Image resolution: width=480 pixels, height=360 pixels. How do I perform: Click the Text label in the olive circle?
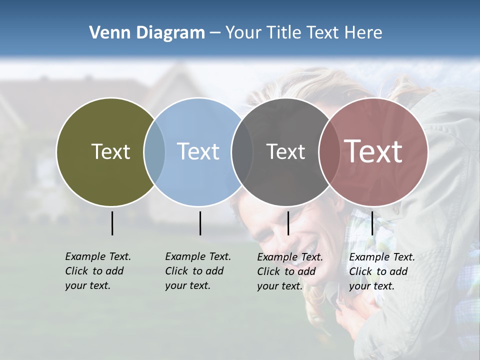(x=110, y=151)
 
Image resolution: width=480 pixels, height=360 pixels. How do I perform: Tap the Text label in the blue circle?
(x=198, y=151)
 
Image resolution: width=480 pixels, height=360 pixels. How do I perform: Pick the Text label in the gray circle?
(x=285, y=151)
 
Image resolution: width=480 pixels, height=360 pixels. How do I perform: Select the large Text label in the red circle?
(x=373, y=151)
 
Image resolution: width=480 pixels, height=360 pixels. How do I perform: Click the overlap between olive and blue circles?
(x=154, y=151)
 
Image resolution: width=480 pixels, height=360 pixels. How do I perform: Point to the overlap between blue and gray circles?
(x=242, y=151)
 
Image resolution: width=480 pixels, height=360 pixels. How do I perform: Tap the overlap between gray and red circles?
(x=329, y=151)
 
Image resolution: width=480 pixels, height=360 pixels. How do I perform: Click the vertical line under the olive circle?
(x=112, y=223)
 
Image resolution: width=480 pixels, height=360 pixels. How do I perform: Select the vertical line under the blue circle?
(x=200, y=223)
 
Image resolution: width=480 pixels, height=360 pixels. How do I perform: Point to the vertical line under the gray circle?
(x=288, y=223)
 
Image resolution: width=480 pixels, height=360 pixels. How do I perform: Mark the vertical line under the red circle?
(x=372, y=223)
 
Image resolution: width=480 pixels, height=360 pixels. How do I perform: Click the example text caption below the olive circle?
(x=97, y=271)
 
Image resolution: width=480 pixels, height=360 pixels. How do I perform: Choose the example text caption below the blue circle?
(x=197, y=271)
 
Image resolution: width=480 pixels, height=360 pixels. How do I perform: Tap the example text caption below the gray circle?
(x=289, y=271)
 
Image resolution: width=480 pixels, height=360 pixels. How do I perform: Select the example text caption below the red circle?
(x=381, y=271)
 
